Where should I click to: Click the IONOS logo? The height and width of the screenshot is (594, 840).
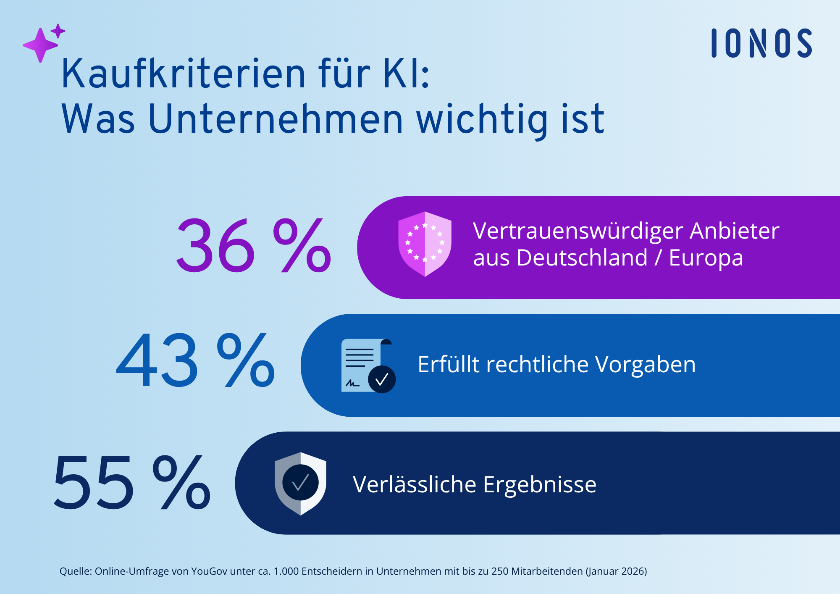[x=761, y=43]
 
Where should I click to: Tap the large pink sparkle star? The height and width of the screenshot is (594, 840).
[x=40, y=45]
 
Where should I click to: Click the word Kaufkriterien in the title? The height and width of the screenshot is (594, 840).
[x=183, y=74]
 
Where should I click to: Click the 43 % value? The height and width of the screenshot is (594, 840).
[x=195, y=360]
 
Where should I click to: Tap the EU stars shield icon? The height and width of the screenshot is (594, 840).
[x=425, y=244]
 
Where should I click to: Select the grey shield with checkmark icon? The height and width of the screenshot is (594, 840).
[x=300, y=484]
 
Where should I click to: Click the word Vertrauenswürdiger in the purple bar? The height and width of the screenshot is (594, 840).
[x=578, y=231]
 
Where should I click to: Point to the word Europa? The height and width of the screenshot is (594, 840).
[x=706, y=258]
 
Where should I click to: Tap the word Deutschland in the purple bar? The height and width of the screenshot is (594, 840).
[x=582, y=258]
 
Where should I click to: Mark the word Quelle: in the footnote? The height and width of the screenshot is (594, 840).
[x=76, y=571]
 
